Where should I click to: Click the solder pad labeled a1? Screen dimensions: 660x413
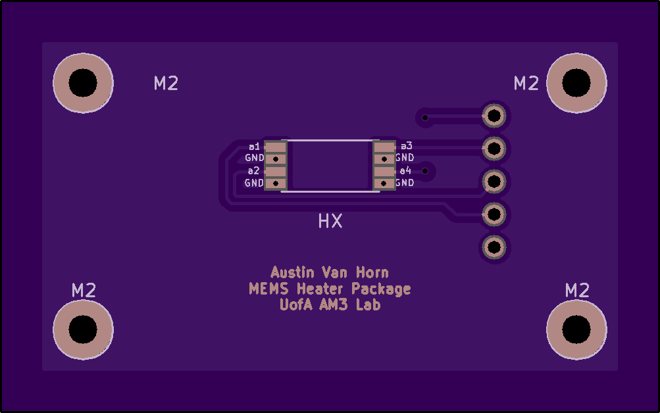coord(275,147)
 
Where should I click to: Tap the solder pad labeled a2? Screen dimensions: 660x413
coord(275,171)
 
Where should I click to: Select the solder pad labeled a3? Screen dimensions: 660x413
coord(384,147)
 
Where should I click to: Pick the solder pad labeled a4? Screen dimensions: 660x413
coord(384,171)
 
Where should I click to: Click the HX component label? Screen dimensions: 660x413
coord(330,221)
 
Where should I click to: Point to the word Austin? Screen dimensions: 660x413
coord(293,272)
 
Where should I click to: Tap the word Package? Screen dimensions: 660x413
coord(381,289)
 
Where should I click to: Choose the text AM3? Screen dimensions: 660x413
coord(333,304)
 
